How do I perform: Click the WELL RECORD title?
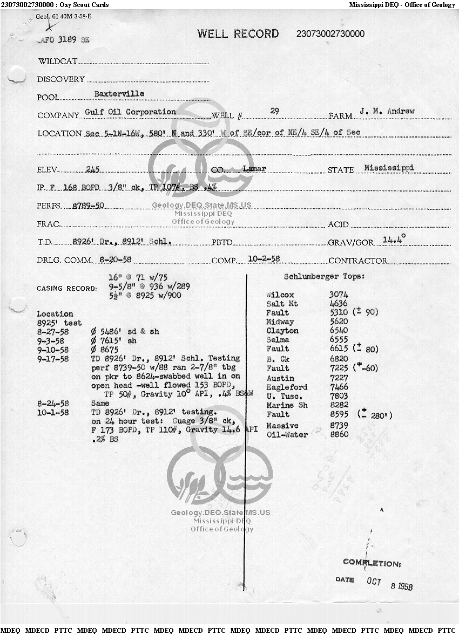238,34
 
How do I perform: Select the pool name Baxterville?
119,94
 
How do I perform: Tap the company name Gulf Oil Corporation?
131,112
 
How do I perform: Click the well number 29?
274,111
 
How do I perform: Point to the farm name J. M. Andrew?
387,111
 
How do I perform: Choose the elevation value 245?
93,169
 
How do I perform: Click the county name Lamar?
254,169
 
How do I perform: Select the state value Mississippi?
389,168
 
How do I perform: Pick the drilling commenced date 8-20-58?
115,260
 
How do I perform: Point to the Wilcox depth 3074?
339,295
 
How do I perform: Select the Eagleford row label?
287,387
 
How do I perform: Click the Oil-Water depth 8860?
339,434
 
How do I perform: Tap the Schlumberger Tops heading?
324,277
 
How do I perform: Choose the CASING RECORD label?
67,289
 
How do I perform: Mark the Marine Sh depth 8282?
339,405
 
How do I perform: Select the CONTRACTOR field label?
357,261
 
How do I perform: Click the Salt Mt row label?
282,304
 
